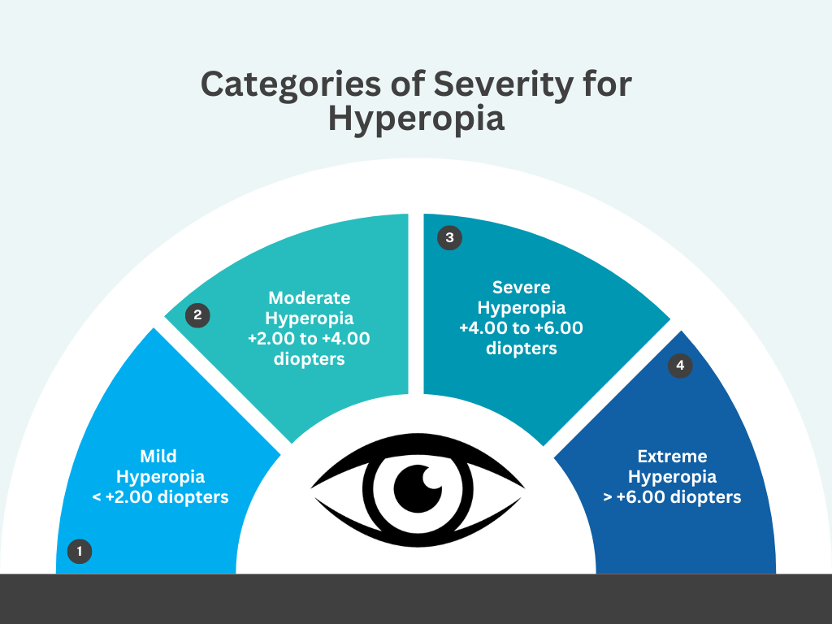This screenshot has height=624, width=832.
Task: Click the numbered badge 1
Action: click(80, 552)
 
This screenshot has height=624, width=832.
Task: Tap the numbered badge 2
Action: click(197, 315)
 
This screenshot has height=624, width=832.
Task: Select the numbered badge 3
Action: click(449, 237)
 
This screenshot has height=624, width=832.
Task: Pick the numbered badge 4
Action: click(680, 365)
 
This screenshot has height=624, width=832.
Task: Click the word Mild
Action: click(158, 457)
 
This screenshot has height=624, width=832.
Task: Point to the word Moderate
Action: click(310, 297)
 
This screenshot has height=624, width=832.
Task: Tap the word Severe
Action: click(521, 287)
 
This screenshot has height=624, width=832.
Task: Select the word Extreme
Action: click(672, 457)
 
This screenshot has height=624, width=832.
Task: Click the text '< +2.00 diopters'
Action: click(160, 497)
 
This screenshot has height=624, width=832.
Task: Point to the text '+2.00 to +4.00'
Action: click(309, 339)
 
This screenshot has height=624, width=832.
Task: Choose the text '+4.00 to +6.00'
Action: click(521, 328)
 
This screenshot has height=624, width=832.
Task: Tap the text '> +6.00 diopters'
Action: click(672, 497)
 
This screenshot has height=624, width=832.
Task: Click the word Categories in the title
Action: click(291, 84)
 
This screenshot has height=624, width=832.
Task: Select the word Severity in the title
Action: click(504, 84)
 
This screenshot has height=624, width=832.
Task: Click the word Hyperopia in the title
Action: click(416, 119)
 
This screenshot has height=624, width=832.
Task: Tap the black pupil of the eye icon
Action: click(418, 489)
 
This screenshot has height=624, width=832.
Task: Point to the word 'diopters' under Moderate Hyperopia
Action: click(309, 359)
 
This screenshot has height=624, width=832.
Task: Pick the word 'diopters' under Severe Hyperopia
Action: click(521, 349)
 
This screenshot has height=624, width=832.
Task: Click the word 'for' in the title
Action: click(607, 84)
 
